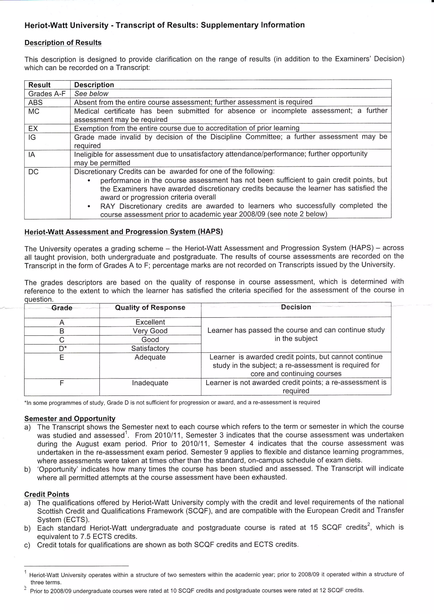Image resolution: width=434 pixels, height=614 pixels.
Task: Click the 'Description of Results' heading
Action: click(63, 43)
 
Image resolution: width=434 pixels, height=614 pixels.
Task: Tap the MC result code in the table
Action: click(34, 111)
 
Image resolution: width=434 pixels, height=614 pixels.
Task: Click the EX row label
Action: click(33, 128)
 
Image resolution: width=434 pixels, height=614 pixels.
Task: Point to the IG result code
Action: click(32, 137)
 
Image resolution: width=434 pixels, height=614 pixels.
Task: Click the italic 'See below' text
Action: click(91, 94)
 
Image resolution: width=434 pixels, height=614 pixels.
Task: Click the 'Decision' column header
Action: click(296, 307)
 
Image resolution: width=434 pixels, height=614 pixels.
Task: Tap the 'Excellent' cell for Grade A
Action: click(150, 322)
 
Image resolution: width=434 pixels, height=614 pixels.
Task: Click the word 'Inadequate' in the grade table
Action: click(150, 383)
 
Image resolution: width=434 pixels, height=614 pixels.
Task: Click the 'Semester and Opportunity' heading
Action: click(70, 418)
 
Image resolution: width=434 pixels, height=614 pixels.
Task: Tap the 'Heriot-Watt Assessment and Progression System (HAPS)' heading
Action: click(124, 232)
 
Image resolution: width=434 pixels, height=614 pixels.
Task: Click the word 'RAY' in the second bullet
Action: click(107, 206)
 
